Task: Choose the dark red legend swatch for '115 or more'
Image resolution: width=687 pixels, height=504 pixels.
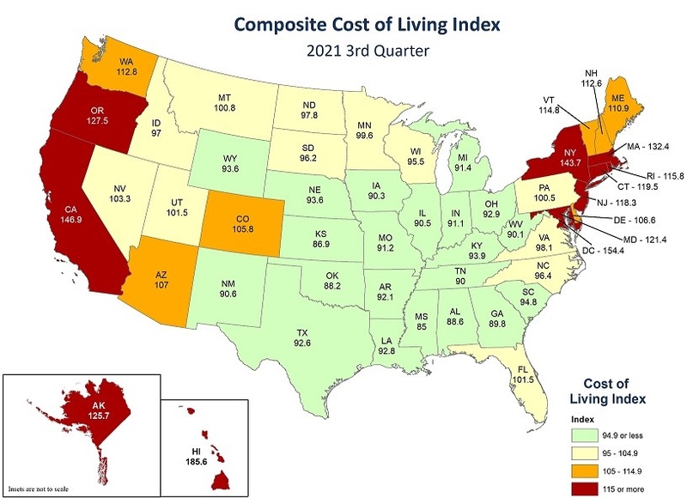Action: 581,487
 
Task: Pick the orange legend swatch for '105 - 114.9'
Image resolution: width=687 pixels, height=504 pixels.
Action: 581,471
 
